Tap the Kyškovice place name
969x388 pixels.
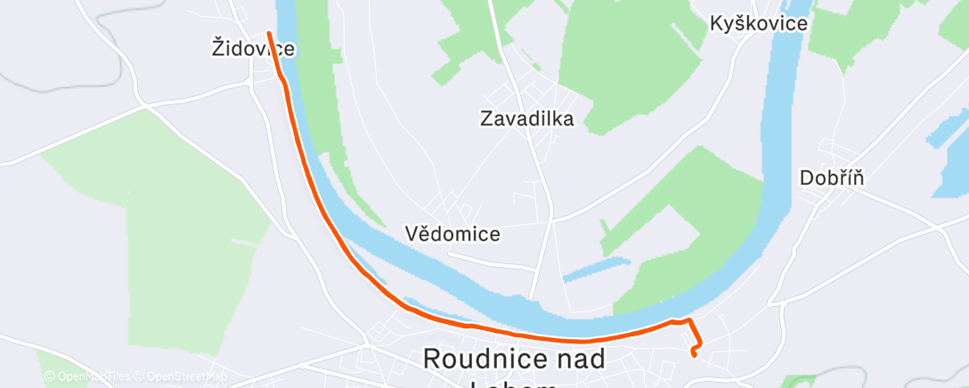pyautogui.click(x=759, y=23)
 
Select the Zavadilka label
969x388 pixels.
pyautogui.click(x=525, y=117)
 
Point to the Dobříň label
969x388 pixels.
pyautogui.click(x=833, y=178)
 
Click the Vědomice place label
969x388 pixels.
pyautogui.click(x=452, y=234)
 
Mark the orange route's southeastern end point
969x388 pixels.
pyautogui.click(x=693, y=354)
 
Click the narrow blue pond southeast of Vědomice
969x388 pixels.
pyautogui.click(x=597, y=270)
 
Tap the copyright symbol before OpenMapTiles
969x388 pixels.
pyautogui.click(x=50, y=377)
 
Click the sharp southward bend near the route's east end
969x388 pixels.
pyautogui.click(x=689, y=320)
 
